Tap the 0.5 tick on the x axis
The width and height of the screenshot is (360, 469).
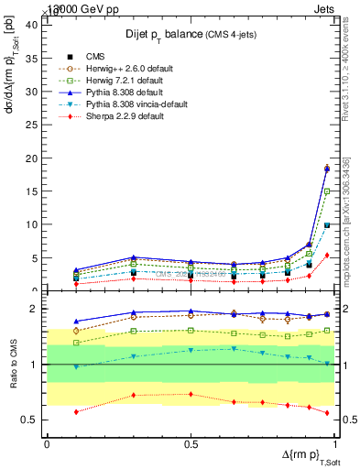coord(191,443)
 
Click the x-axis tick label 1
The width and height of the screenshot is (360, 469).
coord(335,443)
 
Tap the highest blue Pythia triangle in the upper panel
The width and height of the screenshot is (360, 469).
coord(327,168)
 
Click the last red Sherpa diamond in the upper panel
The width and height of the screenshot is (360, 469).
coord(327,256)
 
